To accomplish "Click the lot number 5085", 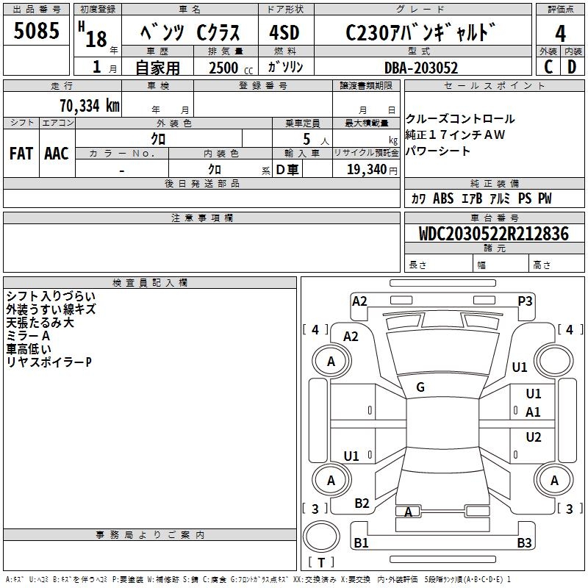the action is pyautogui.click(x=37, y=33).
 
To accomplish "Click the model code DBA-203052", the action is pyautogui.click(x=420, y=68).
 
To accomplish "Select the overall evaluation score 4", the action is pyautogui.click(x=560, y=34).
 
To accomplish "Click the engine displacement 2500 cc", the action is pyautogui.click(x=225, y=68).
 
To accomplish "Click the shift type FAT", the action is pyautogui.click(x=21, y=154).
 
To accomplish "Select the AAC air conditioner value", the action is pyautogui.click(x=57, y=154).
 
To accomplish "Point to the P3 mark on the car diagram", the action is pyautogui.click(x=525, y=301).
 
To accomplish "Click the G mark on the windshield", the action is pyautogui.click(x=420, y=387).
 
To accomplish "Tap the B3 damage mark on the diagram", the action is pyautogui.click(x=523, y=543).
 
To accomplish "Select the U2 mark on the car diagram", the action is pyautogui.click(x=534, y=437).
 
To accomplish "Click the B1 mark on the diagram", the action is pyautogui.click(x=361, y=543).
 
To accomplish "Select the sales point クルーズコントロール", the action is pyautogui.click(x=460, y=118).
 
